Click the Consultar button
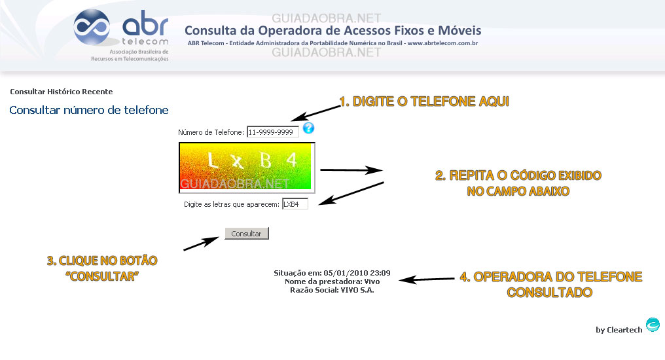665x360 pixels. [x=246, y=233]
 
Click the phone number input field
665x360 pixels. [x=273, y=132]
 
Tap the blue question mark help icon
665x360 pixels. [x=308, y=128]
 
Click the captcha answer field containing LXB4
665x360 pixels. [x=295, y=204]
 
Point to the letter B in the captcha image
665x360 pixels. [x=266, y=160]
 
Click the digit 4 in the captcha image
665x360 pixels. [x=291, y=160]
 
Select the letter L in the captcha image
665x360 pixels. [x=212, y=160]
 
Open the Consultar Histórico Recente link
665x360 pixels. [x=62, y=92]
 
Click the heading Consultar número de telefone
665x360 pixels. [x=89, y=110]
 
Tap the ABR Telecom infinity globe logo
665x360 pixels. [x=92, y=27]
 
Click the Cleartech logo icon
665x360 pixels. [x=653, y=325]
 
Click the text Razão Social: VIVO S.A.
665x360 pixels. [x=332, y=290]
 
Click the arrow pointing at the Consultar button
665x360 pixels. [x=201, y=243]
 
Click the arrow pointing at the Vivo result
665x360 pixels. [x=427, y=279]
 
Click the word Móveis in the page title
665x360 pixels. [x=459, y=31]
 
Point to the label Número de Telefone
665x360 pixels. [x=211, y=132]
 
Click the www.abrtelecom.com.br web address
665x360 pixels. [x=442, y=43]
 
